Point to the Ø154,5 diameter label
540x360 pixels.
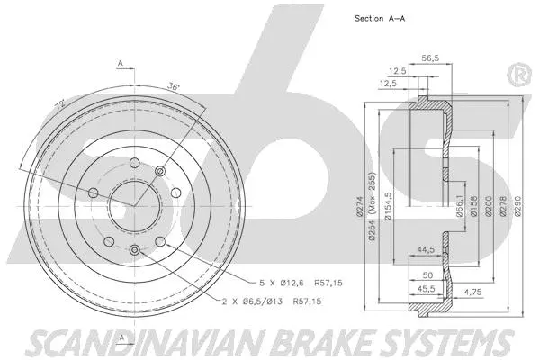coord(387,205)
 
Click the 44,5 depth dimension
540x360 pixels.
coord(425,250)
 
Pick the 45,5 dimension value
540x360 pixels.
coord(425,288)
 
